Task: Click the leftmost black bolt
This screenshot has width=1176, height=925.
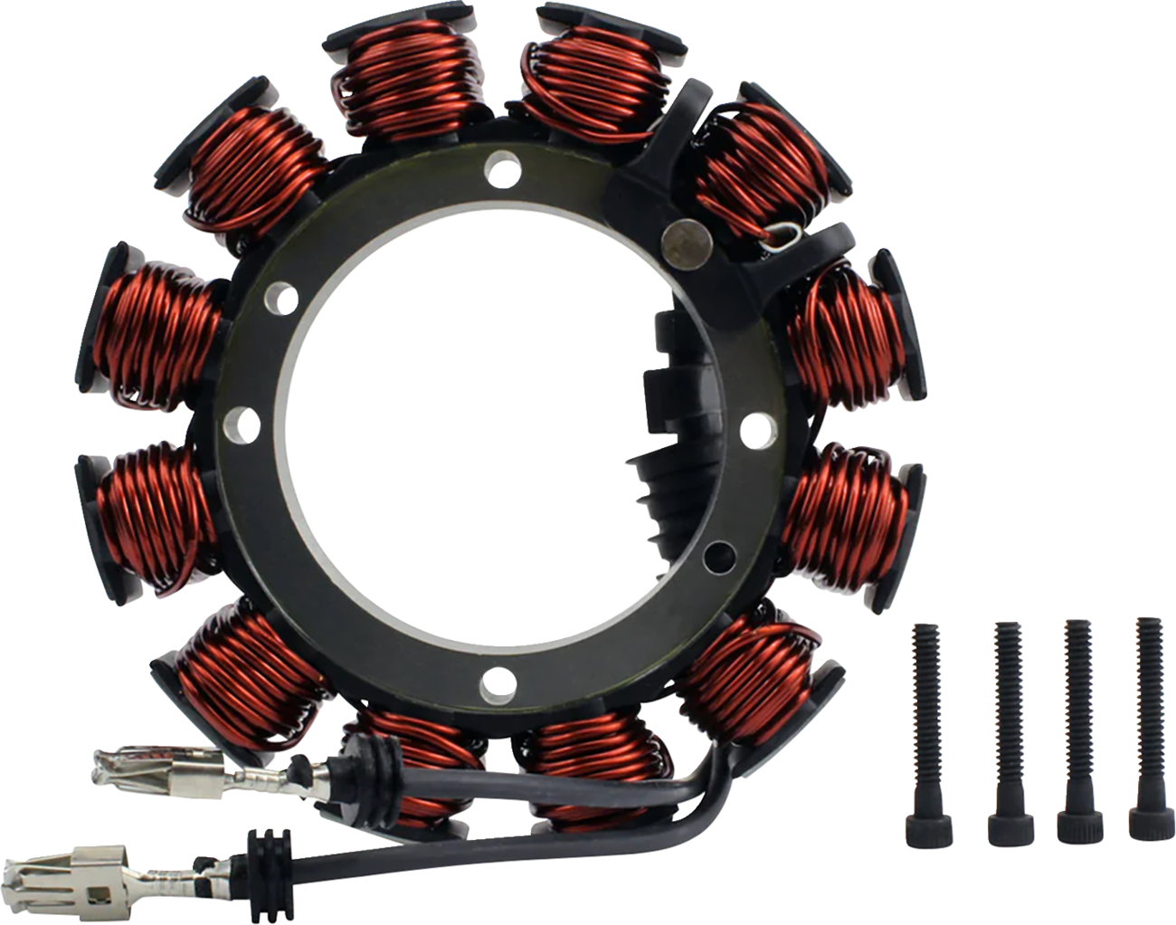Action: coord(924,724)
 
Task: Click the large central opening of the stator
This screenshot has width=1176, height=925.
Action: coord(470,425)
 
